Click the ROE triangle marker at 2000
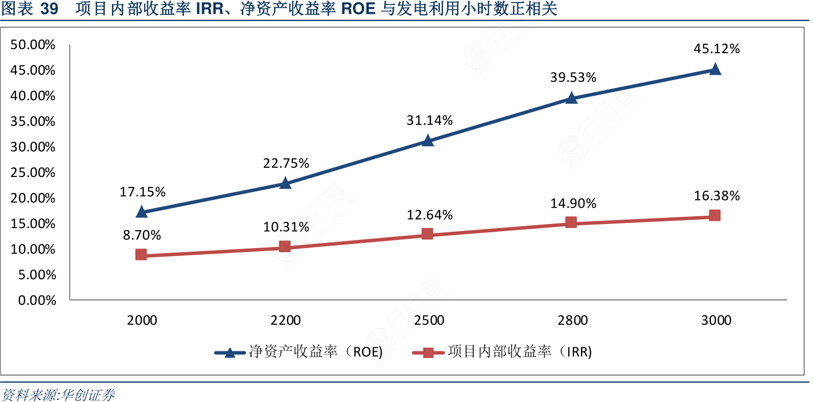pyautogui.click(x=142, y=212)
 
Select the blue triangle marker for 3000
pyautogui.click(x=715, y=69)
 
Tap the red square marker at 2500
pyautogui.click(x=427, y=234)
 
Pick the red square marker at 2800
pyautogui.click(x=571, y=222)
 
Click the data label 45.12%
pyautogui.click(x=716, y=49)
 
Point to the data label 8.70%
pyautogui.click(x=142, y=235)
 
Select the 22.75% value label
pyautogui.click(x=286, y=163)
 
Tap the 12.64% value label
pyautogui.click(x=429, y=215)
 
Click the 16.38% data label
pyautogui.click(x=716, y=196)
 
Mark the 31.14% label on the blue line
pyautogui.click(x=429, y=120)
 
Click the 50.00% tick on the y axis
pyautogui.click(x=33, y=45)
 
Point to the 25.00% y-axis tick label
pyautogui.click(x=33, y=172)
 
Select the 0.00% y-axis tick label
pyautogui.click(x=37, y=300)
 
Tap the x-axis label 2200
pyautogui.click(x=286, y=320)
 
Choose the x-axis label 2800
pyautogui.click(x=572, y=320)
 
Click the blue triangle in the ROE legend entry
pyautogui.click(x=230, y=352)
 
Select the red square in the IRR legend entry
pyautogui.click(x=428, y=352)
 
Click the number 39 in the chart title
pyautogui.click(x=49, y=9)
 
